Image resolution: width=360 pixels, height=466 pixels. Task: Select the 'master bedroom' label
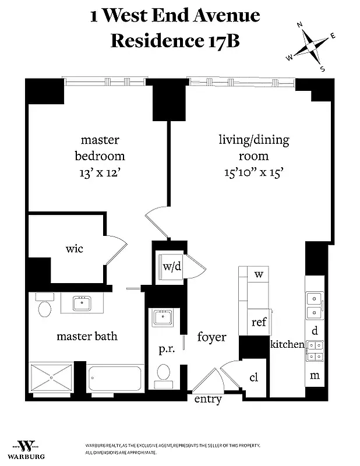(x=100, y=148)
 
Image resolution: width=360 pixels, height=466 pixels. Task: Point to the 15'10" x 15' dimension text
(x=253, y=173)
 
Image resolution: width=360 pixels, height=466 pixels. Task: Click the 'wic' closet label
(x=74, y=249)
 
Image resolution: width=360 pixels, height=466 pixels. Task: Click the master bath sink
(x=82, y=302)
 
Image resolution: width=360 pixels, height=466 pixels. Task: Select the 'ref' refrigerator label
(x=259, y=322)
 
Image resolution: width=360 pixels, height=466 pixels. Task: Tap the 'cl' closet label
(x=253, y=377)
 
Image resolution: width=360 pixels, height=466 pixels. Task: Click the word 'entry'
(x=208, y=399)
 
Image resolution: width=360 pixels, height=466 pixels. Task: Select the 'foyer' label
(x=211, y=337)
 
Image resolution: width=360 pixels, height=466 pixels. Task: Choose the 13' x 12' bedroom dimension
(x=100, y=173)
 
